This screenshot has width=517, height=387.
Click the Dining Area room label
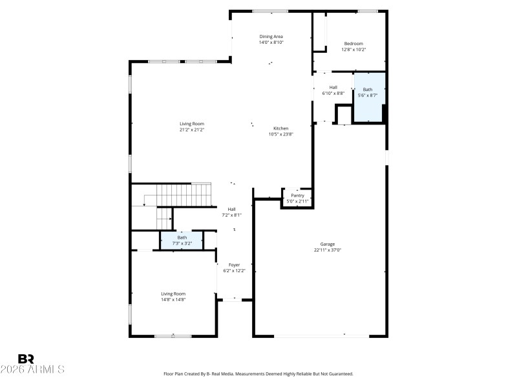pos(271,37)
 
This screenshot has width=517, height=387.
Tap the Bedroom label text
pos(353,44)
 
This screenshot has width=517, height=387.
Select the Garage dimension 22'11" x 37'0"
pos(328,250)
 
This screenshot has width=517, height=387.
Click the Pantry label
pos(297,195)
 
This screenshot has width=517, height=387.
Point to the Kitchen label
pos(281,128)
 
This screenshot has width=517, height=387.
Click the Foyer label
pos(234,265)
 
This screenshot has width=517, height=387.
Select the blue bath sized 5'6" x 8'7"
pos(368,97)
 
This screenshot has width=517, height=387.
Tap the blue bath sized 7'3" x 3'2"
pos(182,240)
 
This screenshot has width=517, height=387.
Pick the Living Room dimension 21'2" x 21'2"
pos(192,130)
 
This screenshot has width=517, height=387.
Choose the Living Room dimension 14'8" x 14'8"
pos(173,299)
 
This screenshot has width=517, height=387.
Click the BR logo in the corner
pos(26,359)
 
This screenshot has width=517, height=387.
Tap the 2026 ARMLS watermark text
pos(32,370)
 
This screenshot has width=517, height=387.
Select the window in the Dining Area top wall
pos(270,11)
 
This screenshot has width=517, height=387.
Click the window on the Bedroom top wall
pos(368,11)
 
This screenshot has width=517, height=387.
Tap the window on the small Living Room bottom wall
pos(173,335)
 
